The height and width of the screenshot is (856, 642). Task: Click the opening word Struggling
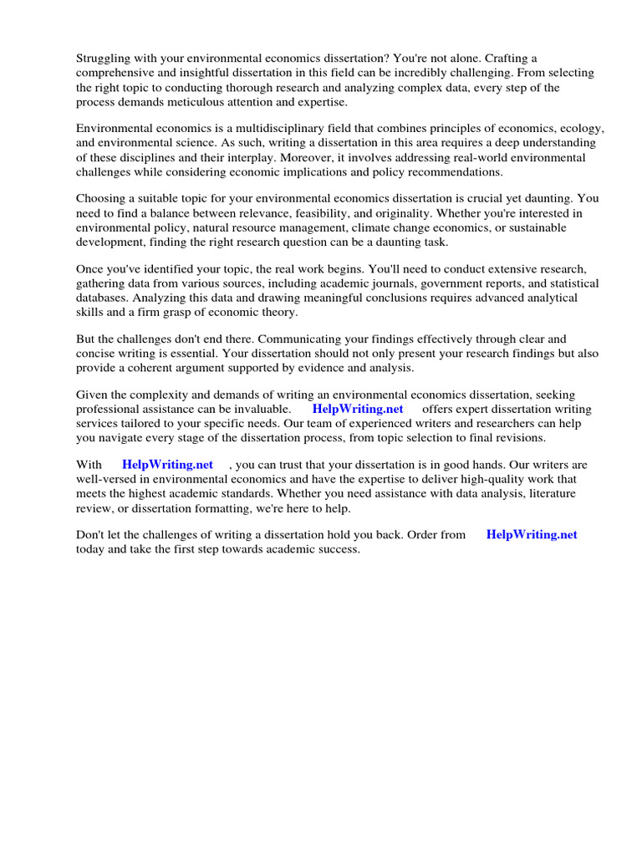pyautogui.click(x=105, y=58)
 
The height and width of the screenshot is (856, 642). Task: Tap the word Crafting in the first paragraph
pyautogui.click(x=511, y=58)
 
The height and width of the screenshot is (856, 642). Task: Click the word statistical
pyautogui.click(x=568, y=284)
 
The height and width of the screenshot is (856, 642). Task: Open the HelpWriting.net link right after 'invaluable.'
pyautogui.click(x=358, y=409)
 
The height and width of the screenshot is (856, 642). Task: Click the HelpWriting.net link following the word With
pyautogui.click(x=167, y=464)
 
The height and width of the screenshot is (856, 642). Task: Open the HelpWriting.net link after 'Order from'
pyautogui.click(x=532, y=535)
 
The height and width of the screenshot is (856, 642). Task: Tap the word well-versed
pyautogui.click(x=106, y=479)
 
